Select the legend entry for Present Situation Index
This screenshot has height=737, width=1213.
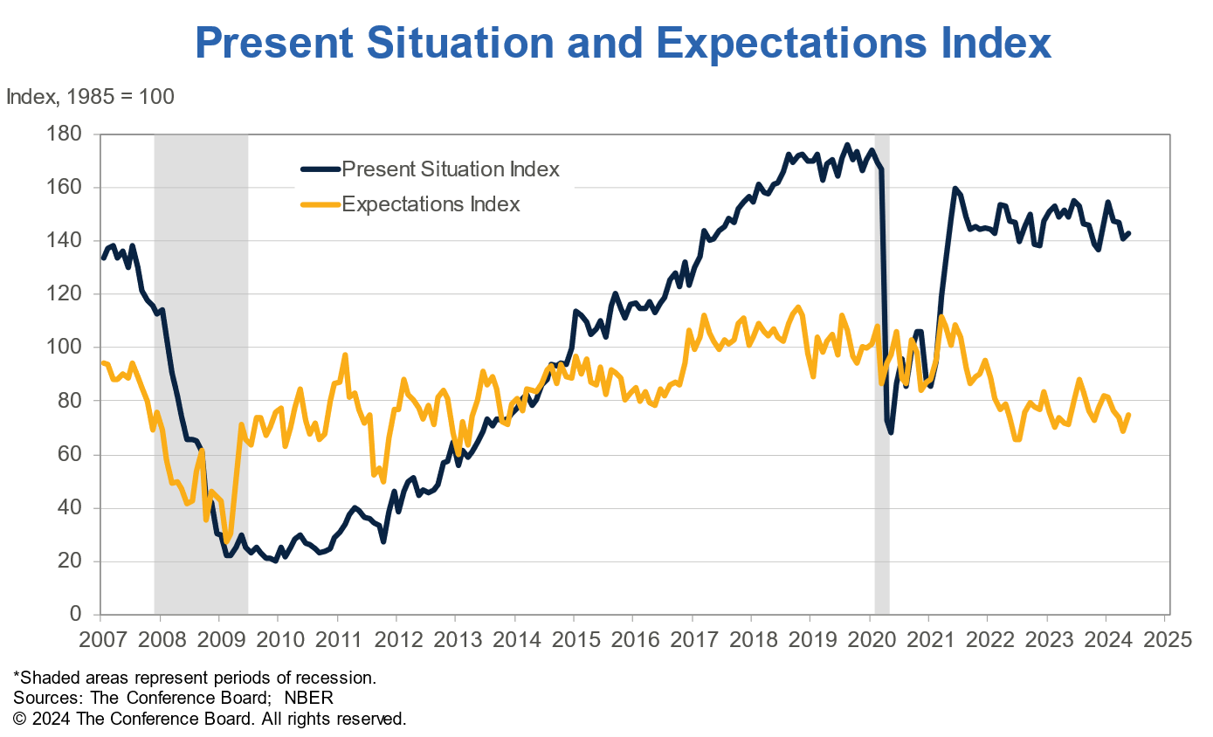[450, 169]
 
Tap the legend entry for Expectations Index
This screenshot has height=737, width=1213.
[431, 204]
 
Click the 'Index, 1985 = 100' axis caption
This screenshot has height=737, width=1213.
[90, 96]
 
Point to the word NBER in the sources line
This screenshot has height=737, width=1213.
[309, 698]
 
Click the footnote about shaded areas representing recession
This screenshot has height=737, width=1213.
[194, 677]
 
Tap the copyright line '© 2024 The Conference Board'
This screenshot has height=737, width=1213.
[210, 719]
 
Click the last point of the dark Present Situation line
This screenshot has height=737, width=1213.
[1128, 233]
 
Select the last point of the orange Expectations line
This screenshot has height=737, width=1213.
[1128, 415]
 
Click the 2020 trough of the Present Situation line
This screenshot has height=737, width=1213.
[890, 432]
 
